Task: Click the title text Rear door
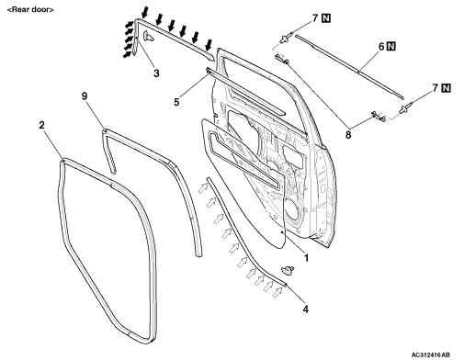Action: (30, 9)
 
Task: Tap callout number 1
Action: (305, 258)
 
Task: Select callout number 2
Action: (41, 125)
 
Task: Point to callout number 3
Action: (156, 73)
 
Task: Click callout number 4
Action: (305, 309)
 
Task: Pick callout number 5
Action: (176, 102)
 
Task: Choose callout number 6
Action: (381, 47)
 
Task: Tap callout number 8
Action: (348, 134)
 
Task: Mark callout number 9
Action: (85, 96)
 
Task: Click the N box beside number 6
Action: (391, 47)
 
